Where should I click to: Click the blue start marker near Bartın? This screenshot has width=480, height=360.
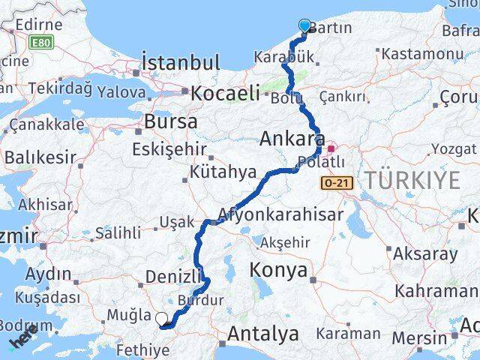(304, 26)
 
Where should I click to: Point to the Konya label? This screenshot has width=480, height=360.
(280, 270)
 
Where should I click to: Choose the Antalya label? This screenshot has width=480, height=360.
(264, 333)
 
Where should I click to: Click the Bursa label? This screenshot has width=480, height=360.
(172, 121)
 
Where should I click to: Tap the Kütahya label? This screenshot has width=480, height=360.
(222, 172)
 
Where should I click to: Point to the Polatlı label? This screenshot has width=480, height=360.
(321, 161)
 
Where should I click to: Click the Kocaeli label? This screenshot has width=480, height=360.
(225, 94)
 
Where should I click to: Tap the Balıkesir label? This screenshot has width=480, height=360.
(40, 157)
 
